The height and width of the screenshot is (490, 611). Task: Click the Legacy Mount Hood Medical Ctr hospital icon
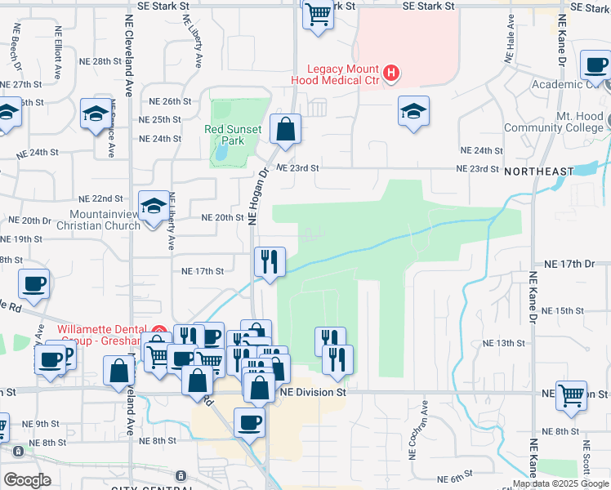click(391, 74)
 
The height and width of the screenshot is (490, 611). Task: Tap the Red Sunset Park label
click(233, 135)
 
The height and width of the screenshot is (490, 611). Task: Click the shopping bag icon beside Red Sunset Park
click(285, 129)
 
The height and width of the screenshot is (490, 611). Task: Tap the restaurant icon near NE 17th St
click(270, 262)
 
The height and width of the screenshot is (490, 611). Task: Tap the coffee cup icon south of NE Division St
click(249, 423)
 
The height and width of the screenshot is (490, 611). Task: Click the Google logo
click(27, 480)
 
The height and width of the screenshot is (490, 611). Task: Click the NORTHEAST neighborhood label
click(539, 171)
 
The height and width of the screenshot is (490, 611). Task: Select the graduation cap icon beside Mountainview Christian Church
click(154, 206)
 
